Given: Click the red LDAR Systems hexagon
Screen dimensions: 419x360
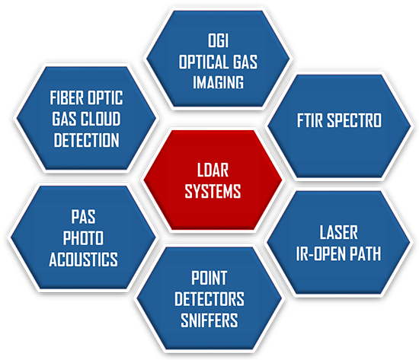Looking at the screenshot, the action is pos(213,180).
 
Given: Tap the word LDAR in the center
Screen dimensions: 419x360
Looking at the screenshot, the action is pos(213,170).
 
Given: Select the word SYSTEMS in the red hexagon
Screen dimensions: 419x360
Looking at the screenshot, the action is pos(213,191).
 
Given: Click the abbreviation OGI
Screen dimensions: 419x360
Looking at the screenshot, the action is pos(218,40).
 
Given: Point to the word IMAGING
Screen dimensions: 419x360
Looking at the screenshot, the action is pos(218,82).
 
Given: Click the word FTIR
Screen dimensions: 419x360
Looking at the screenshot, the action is pos(310,120).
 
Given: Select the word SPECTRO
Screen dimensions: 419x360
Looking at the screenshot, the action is pos(354,120).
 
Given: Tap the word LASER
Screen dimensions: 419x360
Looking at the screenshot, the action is pos(338,232).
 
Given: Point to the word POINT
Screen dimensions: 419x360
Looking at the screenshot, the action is pos(209,278).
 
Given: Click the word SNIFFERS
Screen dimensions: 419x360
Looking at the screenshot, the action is pos(209,320).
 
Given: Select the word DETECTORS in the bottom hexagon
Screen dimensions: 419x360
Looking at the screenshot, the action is pos(209,299).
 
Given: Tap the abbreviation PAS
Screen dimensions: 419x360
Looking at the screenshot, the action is pos(83,217).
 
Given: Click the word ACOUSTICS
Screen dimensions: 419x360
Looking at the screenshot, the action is pos(83,259).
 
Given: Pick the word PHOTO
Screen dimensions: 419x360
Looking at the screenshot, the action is pos(83,238).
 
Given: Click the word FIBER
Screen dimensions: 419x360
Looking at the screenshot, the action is pos(66,97).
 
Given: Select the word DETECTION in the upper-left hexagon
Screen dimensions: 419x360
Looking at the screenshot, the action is pos(86,140).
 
